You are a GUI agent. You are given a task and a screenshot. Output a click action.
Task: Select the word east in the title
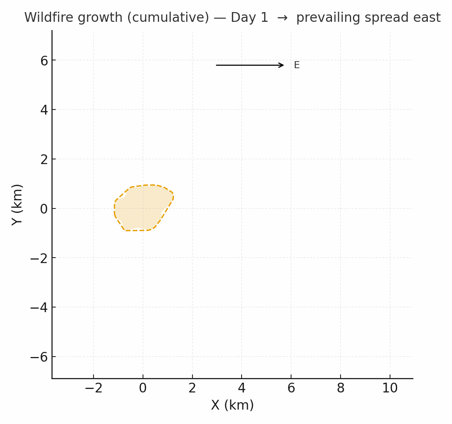pos(427,18)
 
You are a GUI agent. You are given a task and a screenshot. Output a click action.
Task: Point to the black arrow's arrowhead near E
pos(281,65)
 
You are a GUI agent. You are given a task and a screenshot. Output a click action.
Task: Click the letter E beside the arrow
pos(297,65)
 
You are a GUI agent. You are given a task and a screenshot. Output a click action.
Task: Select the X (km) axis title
pos(232,405)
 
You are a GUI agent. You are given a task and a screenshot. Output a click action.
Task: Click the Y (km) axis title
pos(17,205)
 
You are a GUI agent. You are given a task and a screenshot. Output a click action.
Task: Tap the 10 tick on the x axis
pos(390,388)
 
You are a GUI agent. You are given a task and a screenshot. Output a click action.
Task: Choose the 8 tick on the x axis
pos(341,388)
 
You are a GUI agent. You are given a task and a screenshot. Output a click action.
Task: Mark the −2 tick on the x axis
pos(93,388)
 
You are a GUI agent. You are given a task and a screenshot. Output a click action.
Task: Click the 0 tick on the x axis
pos(143,388)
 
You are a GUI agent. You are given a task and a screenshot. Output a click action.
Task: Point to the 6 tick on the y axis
pos(44,61)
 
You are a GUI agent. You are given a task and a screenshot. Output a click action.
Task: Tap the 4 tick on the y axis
pos(44,110)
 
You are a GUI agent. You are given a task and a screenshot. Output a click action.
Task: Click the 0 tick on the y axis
pos(44,209)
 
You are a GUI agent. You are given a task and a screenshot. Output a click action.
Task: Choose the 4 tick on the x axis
pos(242,388)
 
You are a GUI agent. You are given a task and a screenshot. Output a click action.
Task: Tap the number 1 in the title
pos(265,18)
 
